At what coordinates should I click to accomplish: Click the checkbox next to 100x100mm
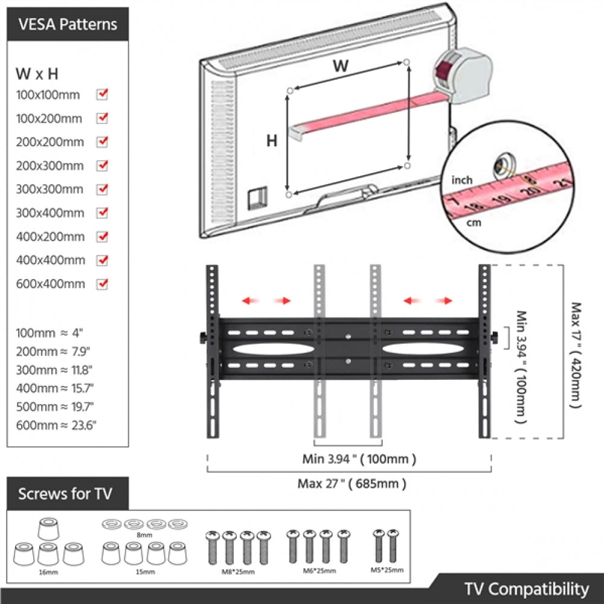click(x=102, y=94)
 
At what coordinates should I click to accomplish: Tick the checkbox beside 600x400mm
click(x=102, y=283)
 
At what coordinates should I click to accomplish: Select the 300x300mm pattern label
click(x=50, y=189)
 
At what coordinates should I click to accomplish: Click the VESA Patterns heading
click(x=68, y=25)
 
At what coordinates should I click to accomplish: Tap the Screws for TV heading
click(x=65, y=493)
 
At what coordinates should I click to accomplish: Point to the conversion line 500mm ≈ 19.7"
click(x=55, y=406)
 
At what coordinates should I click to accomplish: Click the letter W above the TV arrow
click(x=341, y=66)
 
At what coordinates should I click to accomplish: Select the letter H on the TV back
click(x=272, y=141)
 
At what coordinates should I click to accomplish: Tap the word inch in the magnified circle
click(x=461, y=180)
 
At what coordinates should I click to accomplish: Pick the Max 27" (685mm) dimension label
click(x=352, y=483)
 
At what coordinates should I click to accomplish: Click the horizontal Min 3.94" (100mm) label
click(x=359, y=459)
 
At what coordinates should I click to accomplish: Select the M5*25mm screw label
click(x=387, y=570)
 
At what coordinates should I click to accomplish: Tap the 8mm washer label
click(x=144, y=535)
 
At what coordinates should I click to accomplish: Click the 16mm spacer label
click(x=49, y=571)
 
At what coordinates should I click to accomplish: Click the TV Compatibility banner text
click(x=526, y=589)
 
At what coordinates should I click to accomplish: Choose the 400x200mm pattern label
click(x=50, y=236)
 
